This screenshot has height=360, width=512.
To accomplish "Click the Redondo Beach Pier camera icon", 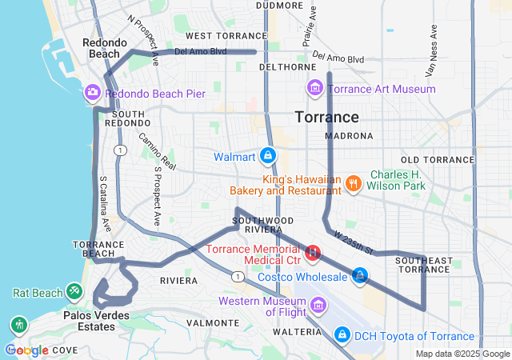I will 93,94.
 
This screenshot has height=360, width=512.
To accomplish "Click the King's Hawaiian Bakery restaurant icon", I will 352,185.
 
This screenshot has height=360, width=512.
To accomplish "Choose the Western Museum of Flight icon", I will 318,305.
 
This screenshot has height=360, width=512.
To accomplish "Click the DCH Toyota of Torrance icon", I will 342,333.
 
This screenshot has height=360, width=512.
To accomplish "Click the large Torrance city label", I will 326,117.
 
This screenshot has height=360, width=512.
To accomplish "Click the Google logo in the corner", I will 26,349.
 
